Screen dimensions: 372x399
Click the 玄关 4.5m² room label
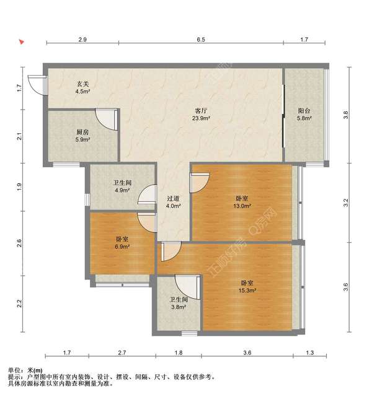[83, 87]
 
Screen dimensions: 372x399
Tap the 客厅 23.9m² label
[201, 114]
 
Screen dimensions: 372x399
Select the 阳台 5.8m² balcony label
[304, 114]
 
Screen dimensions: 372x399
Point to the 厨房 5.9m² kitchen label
[83, 136]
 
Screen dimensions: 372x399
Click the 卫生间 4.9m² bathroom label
[122, 186]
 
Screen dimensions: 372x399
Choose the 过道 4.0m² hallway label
[174, 202]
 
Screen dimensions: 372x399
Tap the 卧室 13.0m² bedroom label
[242, 202]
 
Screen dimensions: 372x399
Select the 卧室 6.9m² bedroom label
[123, 243]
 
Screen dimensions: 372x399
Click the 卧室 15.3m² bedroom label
[247, 286]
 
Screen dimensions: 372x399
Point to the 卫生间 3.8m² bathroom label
[179, 303]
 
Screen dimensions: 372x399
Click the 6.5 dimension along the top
[201, 40]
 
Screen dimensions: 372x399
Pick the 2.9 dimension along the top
[82, 40]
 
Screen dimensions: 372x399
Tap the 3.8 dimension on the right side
[345, 115]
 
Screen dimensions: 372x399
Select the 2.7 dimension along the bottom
[122, 353]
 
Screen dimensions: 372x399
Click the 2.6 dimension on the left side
[19, 243]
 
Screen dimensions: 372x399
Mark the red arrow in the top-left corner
[21, 42]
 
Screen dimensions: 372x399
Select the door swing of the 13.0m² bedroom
[200, 183]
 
